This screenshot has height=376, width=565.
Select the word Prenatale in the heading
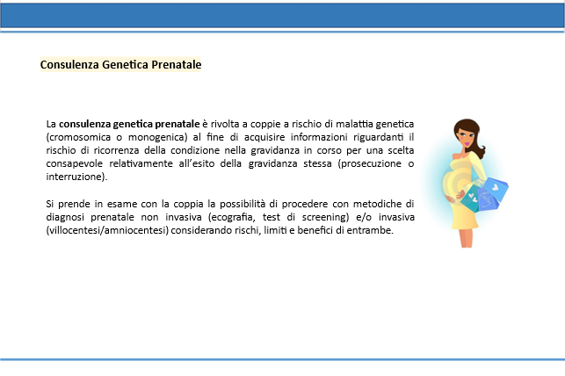(177, 64)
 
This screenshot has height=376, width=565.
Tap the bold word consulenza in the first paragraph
(84, 124)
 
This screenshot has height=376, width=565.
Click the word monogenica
(156, 137)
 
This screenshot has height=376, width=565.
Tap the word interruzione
(75, 177)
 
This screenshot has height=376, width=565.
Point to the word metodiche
(377, 204)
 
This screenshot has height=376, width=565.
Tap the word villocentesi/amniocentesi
(107, 230)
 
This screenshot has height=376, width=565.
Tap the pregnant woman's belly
(455, 180)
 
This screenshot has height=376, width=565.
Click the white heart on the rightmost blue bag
(496, 187)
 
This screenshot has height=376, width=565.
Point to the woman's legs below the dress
(467, 238)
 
